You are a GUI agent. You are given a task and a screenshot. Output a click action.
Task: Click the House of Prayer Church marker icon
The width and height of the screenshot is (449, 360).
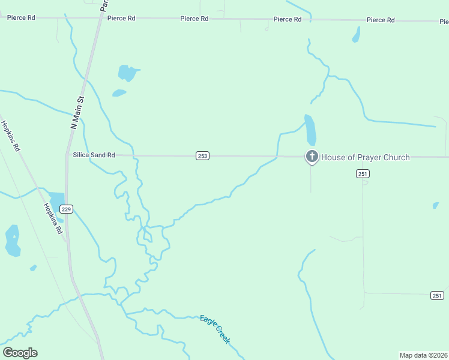[x=312, y=157]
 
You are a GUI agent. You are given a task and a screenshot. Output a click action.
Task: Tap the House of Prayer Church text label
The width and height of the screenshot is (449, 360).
[x=366, y=157]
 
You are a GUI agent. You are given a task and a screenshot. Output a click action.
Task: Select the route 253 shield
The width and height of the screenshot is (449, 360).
[x=202, y=156]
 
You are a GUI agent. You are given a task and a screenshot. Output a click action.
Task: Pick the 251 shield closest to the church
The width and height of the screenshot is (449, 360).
[x=362, y=173]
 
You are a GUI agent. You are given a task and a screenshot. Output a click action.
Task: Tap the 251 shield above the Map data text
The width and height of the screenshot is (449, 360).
[x=437, y=295]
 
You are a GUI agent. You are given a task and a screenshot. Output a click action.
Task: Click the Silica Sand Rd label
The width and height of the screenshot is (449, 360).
[x=94, y=155]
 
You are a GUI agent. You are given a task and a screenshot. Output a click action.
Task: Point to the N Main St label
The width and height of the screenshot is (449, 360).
[x=76, y=113]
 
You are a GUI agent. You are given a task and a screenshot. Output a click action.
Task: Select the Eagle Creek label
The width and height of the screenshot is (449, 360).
[x=214, y=329]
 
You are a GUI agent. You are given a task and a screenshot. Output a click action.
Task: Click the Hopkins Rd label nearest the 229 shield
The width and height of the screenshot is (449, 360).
[x=52, y=218]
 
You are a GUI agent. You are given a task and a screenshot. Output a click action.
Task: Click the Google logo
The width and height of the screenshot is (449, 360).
[x=20, y=353]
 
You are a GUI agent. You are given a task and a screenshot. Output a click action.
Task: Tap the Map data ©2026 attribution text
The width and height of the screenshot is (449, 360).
[x=423, y=355]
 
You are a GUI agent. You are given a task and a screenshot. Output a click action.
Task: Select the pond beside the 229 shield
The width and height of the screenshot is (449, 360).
[x=57, y=204]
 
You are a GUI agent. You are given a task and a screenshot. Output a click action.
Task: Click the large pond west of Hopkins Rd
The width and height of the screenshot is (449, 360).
[x=12, y=241]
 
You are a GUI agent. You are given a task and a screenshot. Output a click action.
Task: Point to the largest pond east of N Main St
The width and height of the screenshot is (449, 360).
[x=127, y=73]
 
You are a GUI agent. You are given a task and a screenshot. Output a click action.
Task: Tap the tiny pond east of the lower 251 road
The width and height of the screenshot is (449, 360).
[x=435, y=205]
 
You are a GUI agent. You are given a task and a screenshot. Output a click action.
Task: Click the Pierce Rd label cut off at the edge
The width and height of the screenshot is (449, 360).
[x=444, y=22]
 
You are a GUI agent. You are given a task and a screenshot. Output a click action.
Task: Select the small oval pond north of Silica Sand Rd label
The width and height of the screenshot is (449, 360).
[x=119, y=93]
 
